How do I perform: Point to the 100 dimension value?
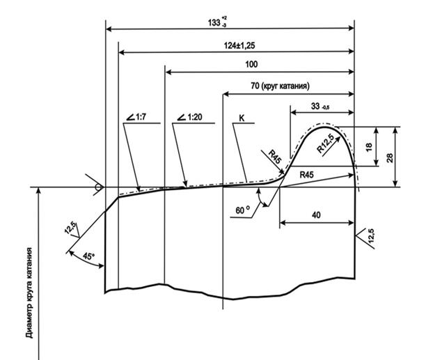click(x=252, y=65)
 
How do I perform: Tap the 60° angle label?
click(x=242, y=209)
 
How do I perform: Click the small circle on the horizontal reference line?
click(x=100, y=187)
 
